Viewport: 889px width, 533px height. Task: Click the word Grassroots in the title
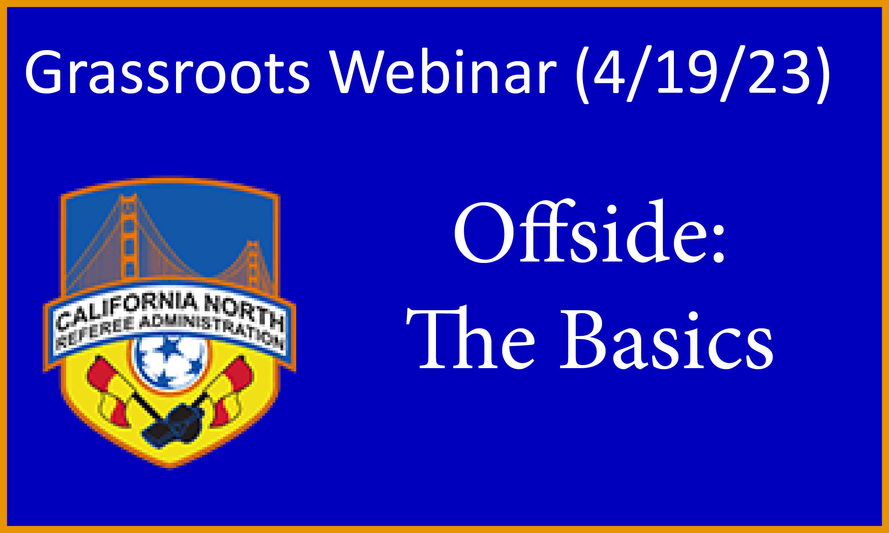point(167,71)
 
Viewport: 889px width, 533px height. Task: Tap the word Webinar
point(443,71)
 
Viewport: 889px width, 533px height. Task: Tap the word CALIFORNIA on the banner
point(128,310)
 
